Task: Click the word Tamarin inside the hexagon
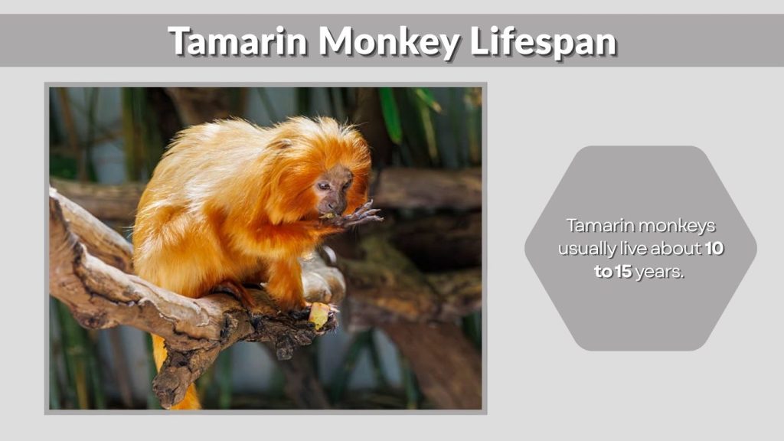(594, 226)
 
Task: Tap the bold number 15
(622, 272)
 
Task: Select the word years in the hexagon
(659, 272)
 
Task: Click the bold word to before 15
(603, 272)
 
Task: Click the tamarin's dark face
(334, 191)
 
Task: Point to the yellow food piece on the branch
(318, 314)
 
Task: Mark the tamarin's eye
(326, 186)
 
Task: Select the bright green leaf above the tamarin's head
(390, 115)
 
